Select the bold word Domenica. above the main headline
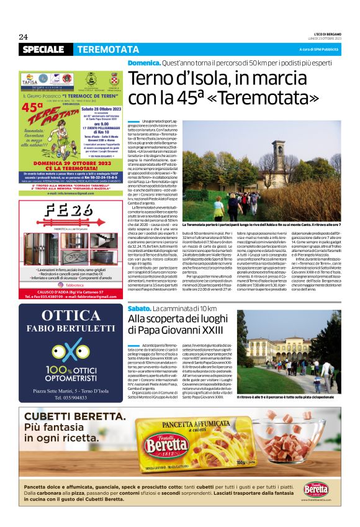pos(143,64)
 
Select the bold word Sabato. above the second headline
pos(139,308)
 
